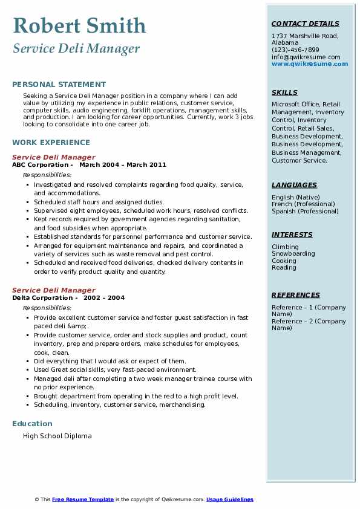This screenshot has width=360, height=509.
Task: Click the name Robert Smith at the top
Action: click(79, 25)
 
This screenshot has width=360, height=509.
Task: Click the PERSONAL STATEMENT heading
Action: click(59, 85)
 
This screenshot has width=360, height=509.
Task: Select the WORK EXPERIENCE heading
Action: click(51, 143)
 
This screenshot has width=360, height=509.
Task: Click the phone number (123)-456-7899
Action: click(295, 50)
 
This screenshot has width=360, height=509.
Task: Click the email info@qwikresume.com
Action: click(306, 57)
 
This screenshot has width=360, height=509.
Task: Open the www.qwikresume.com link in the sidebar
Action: click(310, 63)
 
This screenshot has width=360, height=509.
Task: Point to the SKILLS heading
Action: click(284, 92)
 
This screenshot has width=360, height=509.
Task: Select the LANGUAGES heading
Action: click(294, 185)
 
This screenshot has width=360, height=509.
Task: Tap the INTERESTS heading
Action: click(292, 235)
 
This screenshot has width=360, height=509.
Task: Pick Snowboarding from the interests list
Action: click(293, 254)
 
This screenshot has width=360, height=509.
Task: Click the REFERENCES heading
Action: click(296, 295)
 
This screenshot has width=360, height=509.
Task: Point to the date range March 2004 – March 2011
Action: click(123, 165)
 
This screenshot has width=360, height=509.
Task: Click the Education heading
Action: click(32, 424)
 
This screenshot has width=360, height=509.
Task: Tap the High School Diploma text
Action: click(57, 436)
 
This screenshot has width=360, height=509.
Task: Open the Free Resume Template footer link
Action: click(83, 499)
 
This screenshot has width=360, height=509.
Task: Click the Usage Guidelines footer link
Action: click(230, 499)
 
